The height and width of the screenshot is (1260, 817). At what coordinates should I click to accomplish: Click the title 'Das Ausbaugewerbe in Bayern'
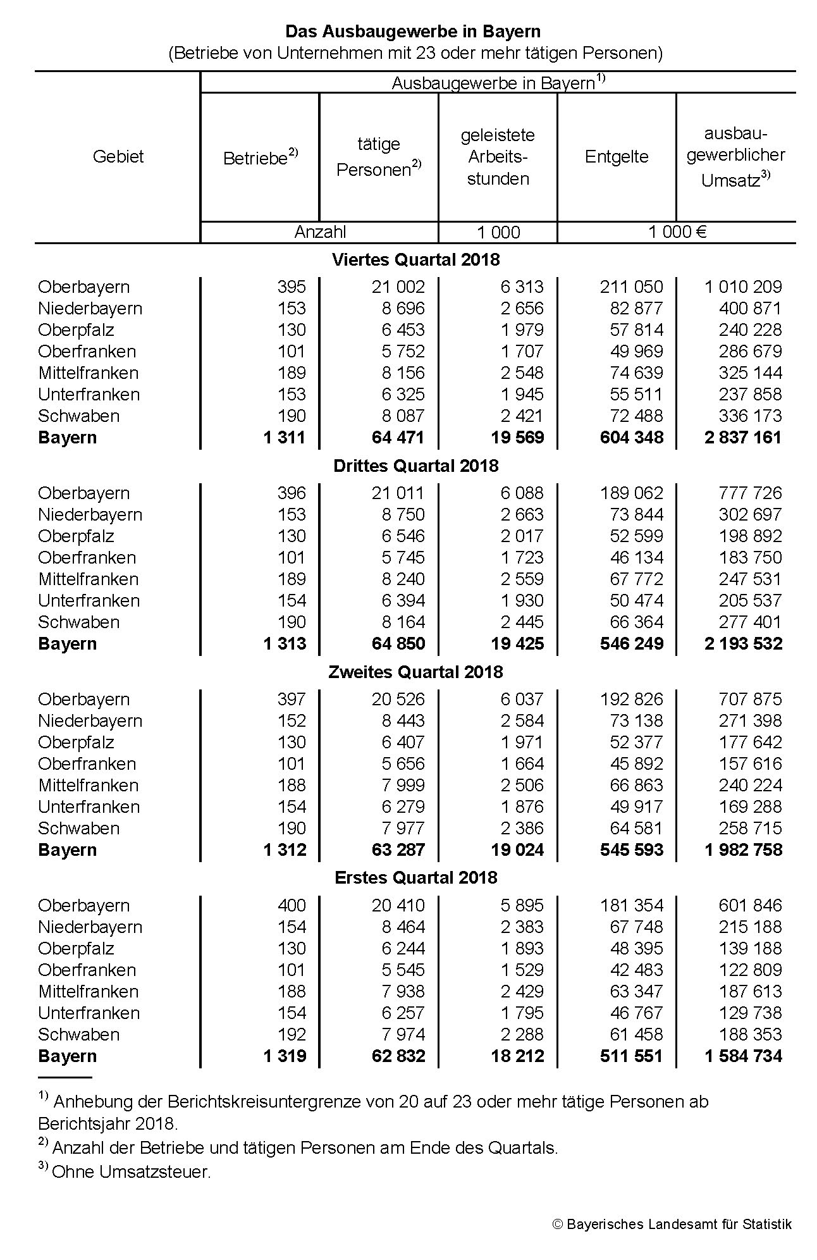click(x=412, y=32)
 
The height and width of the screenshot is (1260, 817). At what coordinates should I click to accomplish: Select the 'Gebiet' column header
click(x=118, y=157)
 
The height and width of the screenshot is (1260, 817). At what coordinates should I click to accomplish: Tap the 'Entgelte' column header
click(x=617, y=157)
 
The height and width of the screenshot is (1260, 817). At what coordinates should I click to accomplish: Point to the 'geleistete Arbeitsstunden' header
click(x=498, y=157)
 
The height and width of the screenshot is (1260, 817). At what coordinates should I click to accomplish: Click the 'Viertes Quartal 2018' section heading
click(x=415, y=259)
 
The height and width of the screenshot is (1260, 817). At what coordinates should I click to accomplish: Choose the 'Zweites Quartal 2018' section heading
click(x=415, y=672)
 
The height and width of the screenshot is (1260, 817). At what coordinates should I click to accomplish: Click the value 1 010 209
click(x=743, y=287)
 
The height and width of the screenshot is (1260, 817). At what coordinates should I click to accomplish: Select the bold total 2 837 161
click(x=743, y=438)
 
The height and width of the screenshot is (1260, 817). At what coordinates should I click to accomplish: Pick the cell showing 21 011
click(x=398, y=493)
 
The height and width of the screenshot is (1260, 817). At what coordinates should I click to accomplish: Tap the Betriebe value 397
click(x=291, y=700)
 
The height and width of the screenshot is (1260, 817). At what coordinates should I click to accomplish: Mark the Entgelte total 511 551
click(x=632, y=1056)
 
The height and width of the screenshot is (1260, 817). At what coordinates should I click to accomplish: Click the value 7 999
click(x=403, y=786)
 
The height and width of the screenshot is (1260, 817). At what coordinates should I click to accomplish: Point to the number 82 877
click(x=636, y=309)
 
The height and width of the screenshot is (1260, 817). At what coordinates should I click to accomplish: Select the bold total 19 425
click(x=517, y=644)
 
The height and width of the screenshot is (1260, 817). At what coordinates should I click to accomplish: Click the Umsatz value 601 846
click(x=750, y=906)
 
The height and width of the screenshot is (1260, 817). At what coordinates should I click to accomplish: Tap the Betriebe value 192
click(x=291, y=1035)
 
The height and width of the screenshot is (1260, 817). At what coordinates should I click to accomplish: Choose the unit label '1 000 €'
click(x=677, y=232)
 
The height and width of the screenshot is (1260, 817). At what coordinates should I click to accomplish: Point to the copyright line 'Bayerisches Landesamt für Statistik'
click(x=679, y=1224)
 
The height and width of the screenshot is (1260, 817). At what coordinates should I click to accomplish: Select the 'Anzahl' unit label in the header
click(x=320, y=232)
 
